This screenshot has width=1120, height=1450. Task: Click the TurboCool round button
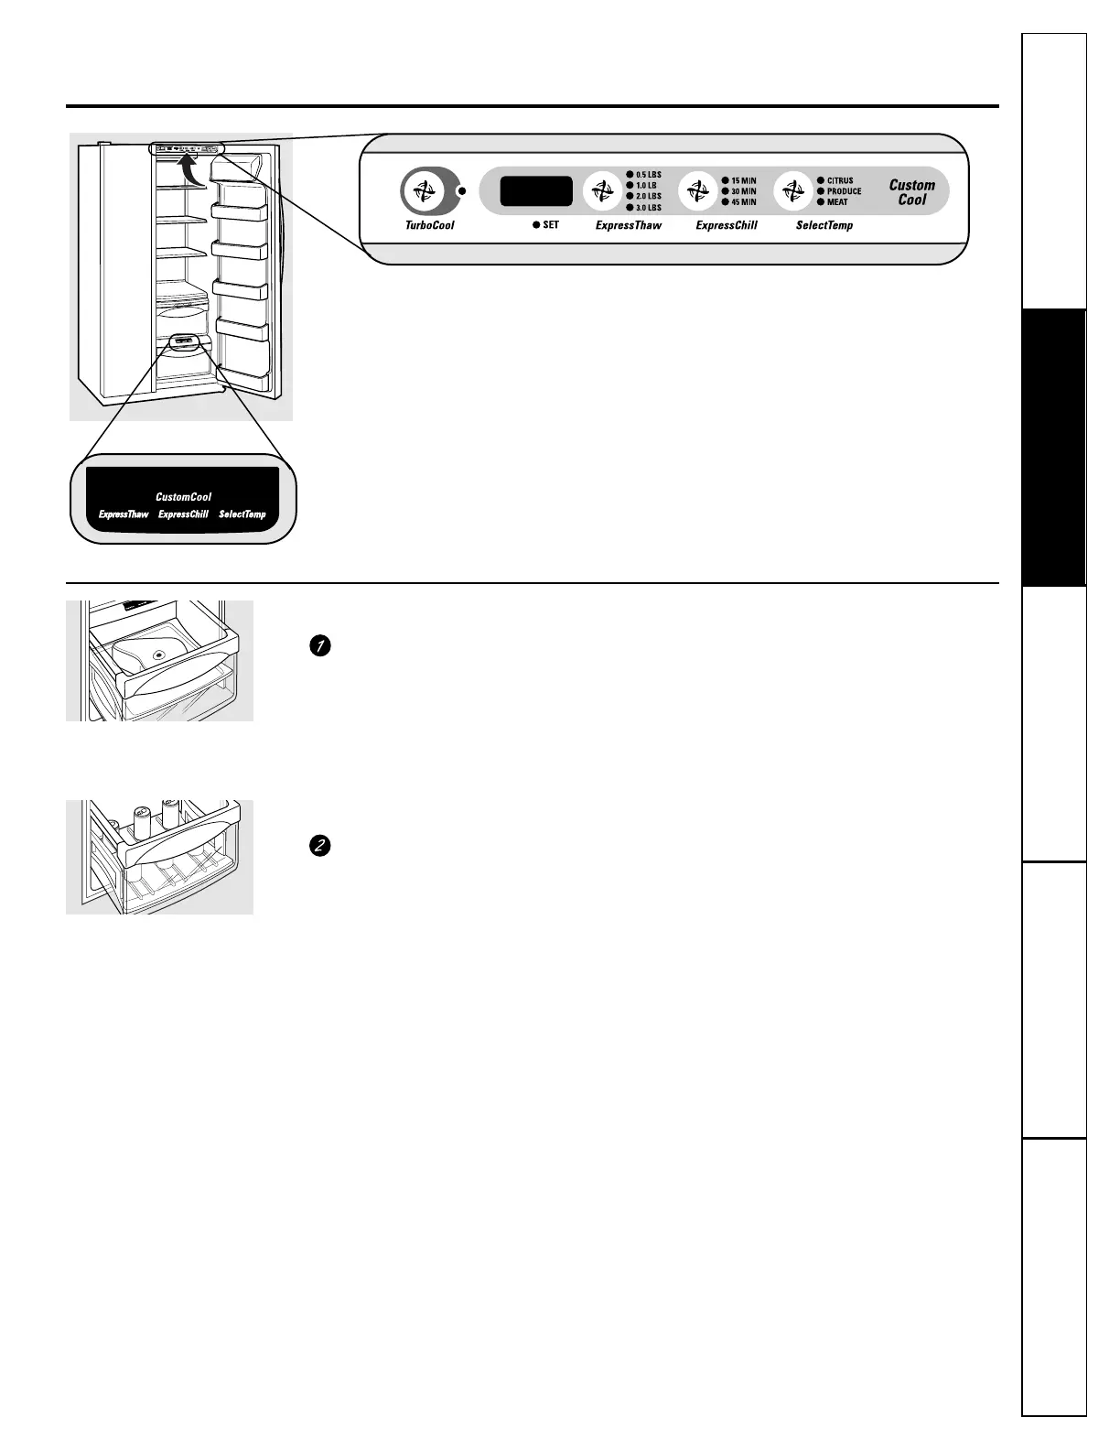(x=423, y=191)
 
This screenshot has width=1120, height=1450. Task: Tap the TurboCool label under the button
(x=429, y=225)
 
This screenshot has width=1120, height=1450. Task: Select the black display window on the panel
(x=536, y=191)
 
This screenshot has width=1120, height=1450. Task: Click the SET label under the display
(x=550, y=224)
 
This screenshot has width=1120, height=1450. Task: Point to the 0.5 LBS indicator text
(x=648, y=174)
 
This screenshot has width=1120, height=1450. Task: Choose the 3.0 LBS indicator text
(x=648, y=208)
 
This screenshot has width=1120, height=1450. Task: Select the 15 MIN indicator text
(x=743, y=180)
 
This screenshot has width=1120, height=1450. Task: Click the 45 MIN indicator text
(x=743, y=202)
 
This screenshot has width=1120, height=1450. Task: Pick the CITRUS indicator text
(x=840, y=180)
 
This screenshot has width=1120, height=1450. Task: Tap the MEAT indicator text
(x=837, y=202)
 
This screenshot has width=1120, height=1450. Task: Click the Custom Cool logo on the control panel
(x=912, y=192)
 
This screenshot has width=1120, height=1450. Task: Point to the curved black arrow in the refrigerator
(x=189, y=170)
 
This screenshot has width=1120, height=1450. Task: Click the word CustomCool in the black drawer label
(x=183, y=497)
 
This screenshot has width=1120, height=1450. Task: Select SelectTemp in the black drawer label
(x=242, y=514)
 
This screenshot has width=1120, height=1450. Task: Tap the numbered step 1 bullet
(x=319, y=646)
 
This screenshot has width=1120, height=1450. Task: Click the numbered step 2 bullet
(x=319, y=846)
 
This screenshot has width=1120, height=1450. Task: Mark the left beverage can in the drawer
(x=143, y=821)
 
